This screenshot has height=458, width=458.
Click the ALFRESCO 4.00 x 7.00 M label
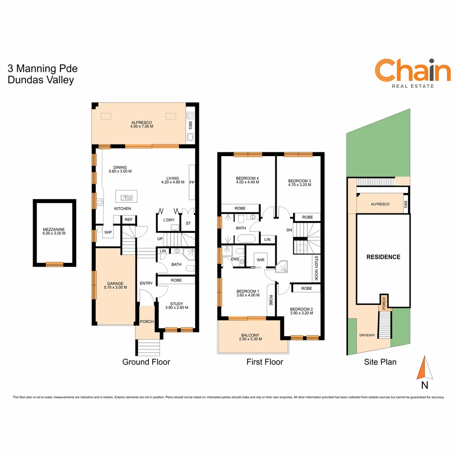click(142, 124)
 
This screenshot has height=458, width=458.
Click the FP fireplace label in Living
click(192, 183)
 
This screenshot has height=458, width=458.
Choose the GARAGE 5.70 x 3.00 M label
click(115, 285)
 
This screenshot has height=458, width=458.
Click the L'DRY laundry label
click(168, 221)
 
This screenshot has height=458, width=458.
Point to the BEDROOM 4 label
click(247, 180)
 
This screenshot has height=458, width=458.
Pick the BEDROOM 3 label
click(299, 183)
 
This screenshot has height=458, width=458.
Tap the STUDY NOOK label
click(316, 268)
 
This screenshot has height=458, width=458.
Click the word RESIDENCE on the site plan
click(383, 257)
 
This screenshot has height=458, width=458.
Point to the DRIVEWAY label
click(367, 335)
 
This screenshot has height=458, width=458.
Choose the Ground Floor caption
click(146, 362)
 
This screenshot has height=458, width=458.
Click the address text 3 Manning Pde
click(42, 69)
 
